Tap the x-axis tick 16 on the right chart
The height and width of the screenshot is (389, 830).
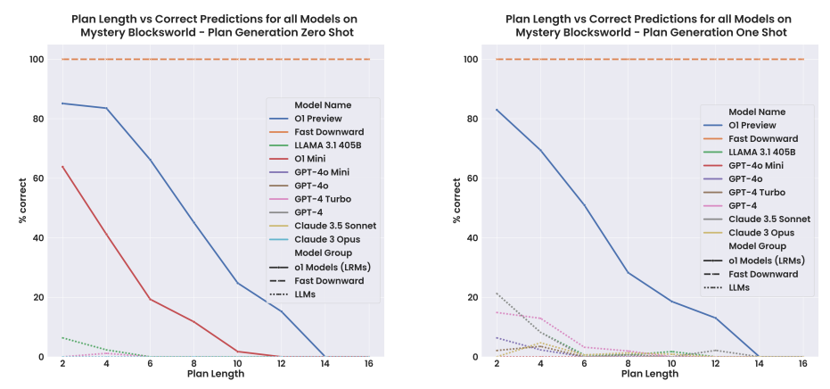(x=803, y=364)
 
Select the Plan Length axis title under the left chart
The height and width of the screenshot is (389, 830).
(x=216, y=375)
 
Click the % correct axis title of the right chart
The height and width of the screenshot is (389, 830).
(x=456, y=208)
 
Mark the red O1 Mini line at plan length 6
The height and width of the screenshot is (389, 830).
(x=150, y=299)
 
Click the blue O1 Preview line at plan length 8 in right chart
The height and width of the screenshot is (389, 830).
(x=627, y=272)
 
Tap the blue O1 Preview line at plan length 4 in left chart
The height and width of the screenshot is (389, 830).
(x=106, y=108)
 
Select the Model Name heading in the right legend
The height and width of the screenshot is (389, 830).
(x=758, y=112)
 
